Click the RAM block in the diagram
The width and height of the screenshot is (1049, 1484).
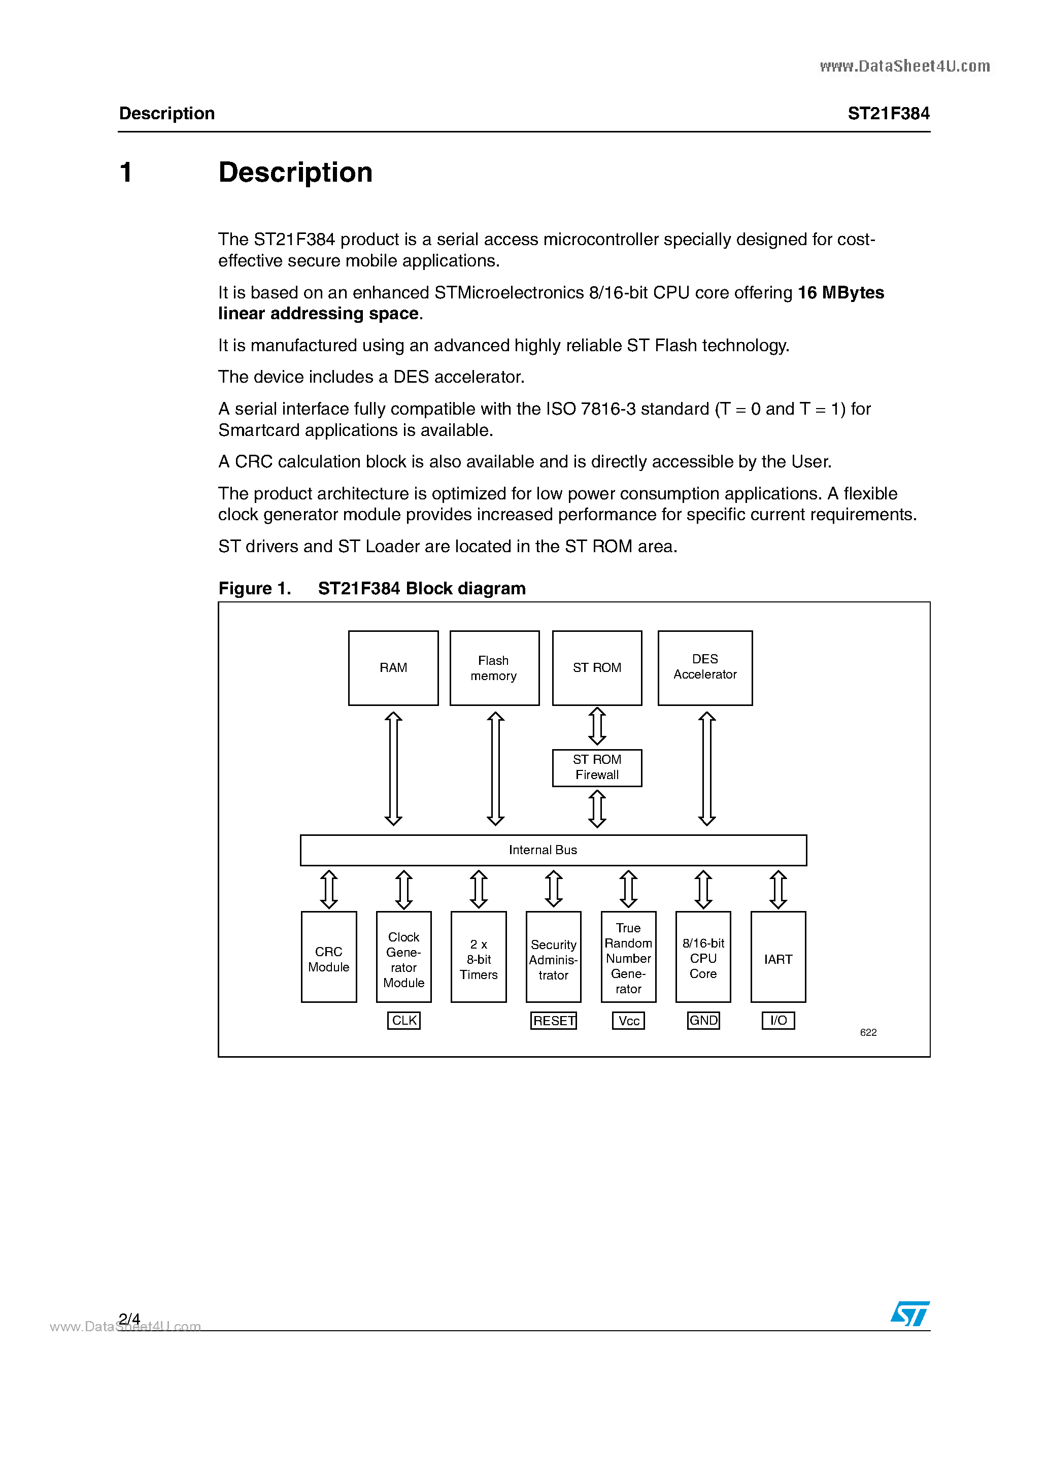pos(393,668)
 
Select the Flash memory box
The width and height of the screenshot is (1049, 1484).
pos(494,668)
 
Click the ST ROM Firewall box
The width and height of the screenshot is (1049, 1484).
pos(597,767)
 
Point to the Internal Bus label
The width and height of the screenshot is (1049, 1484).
pos(543,850)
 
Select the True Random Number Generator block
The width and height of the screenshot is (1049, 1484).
pos(628,958)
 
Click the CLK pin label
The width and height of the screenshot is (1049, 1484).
pos(404,1021)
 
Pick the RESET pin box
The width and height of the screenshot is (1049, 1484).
pos(553,1021)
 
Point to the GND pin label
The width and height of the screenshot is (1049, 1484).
pos(703,1021)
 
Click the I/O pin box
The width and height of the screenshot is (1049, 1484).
pos(778,1021)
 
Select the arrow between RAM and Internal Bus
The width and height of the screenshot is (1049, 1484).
pos(393,768)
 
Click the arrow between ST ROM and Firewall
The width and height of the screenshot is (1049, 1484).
pos(597,726)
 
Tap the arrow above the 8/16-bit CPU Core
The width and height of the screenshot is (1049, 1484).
pos(703,889)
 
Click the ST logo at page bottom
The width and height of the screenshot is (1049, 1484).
pos(909,1313)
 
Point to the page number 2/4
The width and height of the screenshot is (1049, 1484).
pos(129,1319)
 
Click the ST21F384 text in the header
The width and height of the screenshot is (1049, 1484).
pos(888,114)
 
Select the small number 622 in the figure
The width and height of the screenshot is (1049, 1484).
pos(868,1033)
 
